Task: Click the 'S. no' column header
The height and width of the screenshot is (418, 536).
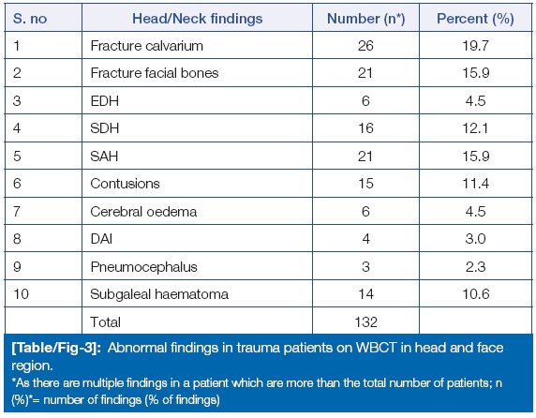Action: coord(30,19)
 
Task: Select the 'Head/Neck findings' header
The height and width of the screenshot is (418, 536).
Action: coord(197,19)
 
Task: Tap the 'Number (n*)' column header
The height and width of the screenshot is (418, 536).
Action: coord(365,19)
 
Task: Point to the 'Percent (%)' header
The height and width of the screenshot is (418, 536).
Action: coord(475,19)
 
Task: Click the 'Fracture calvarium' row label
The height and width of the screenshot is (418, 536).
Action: coord(146,46)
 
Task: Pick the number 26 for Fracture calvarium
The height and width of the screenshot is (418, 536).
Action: coord(365,46)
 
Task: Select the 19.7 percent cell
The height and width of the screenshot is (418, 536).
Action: coord(475,46)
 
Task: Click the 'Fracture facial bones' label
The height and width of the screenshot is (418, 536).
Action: coord(155,73)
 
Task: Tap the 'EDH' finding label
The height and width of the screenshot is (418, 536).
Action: coord(105,101)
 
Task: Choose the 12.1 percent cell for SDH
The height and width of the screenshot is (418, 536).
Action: coord(475,128)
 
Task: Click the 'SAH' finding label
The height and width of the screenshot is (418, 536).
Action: coord(104,157)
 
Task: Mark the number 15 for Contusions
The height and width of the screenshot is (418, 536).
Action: coord(365,184)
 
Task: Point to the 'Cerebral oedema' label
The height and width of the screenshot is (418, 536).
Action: coord(143,212)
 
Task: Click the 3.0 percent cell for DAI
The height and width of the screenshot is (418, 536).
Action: coord(475,239)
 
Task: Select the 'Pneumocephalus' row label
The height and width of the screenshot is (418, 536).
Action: coord(144,267)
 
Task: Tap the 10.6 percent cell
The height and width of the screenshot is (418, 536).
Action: coord(475,294)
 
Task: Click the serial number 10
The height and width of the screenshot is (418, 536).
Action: coord(21,294)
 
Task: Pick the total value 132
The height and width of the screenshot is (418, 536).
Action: coord(365,322)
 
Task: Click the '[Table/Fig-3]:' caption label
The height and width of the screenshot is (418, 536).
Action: coord(56,348)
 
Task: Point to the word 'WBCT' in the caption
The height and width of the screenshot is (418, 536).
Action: coord(376,348)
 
